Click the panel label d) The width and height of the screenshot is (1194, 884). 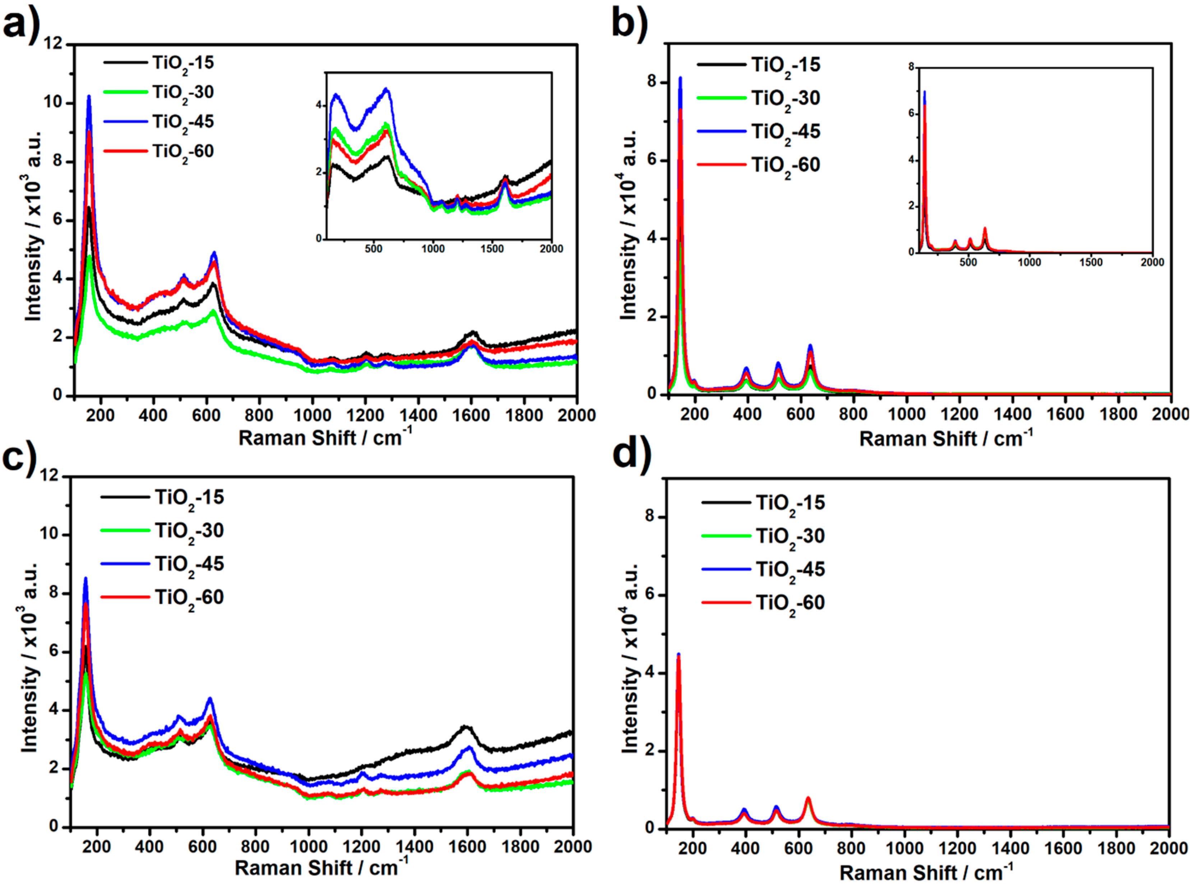click(x=631, y=456)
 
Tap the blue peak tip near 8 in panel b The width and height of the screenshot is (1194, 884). click(x=680, y=78)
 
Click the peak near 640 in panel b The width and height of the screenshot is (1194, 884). click(x=810, y=346)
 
